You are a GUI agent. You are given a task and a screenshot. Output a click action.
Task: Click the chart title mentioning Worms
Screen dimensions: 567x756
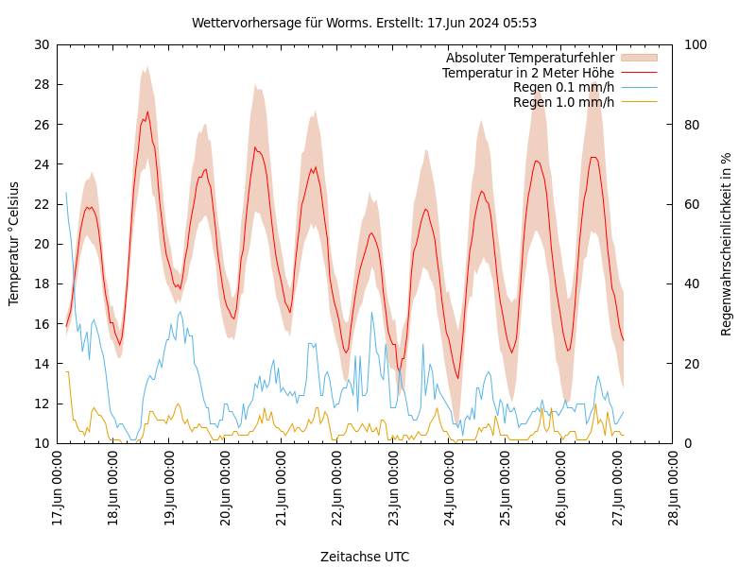(364, 23)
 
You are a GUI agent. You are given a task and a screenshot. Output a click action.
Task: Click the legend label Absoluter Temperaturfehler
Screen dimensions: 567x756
(530, 58)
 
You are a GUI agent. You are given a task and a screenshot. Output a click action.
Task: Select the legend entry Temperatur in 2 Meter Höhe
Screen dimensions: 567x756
(528, 73)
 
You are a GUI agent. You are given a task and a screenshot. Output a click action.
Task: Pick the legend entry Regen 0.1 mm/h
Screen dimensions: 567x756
(563, 87)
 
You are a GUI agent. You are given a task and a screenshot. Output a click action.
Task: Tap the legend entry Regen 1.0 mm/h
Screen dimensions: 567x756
(563, 102)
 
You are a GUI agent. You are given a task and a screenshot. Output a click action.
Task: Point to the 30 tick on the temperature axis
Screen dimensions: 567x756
(42, 44)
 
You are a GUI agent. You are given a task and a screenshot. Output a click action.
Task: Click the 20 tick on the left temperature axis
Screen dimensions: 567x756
(42, 244)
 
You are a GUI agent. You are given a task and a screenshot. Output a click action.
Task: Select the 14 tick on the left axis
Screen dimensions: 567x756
(42, 364)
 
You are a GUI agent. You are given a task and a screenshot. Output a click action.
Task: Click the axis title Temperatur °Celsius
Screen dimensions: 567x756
(14, 244)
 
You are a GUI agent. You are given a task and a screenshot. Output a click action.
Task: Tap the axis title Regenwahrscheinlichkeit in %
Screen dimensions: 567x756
(727, 244)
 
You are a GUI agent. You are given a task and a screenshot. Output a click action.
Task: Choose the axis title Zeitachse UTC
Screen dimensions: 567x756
(365, 557)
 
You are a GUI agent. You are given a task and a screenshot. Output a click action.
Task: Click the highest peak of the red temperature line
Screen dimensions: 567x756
(147, 112)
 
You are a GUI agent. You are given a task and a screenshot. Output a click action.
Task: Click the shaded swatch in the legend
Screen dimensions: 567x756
(639, 58)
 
